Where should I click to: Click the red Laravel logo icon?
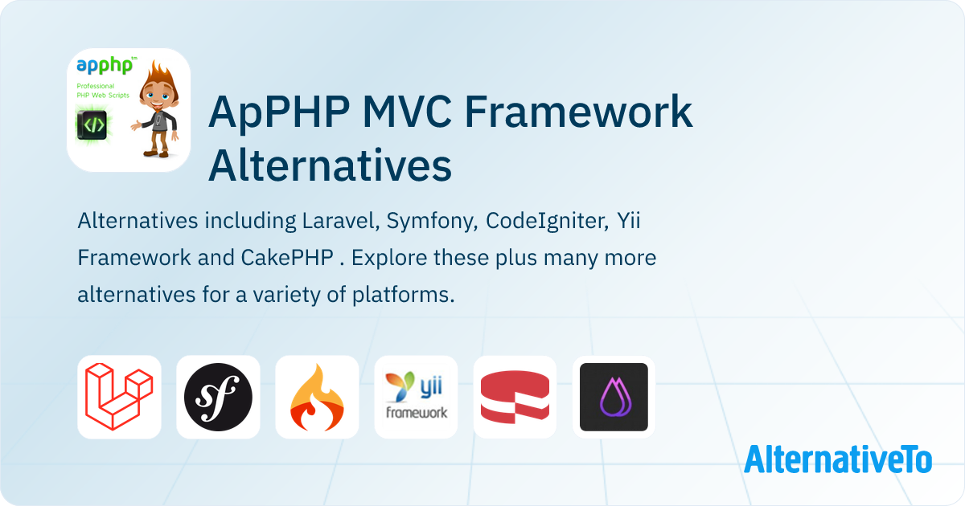(119, 397)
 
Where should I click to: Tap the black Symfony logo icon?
(218, 397)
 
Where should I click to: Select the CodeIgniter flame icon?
(317, 397)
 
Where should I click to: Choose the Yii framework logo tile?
(416, 397)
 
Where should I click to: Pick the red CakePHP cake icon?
(515, 397)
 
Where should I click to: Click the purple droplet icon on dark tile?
(614, 397)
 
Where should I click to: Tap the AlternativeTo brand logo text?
(838, 459)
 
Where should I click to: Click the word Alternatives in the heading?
(330, 166)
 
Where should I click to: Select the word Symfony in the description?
(437, 221)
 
